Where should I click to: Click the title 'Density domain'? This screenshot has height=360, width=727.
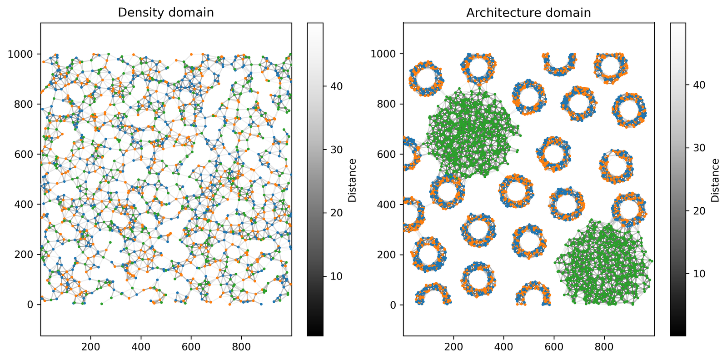pos(166,13)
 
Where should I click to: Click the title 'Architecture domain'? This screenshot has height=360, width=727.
pos(528,13)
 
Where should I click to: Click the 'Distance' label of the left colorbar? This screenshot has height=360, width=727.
pos(352,180)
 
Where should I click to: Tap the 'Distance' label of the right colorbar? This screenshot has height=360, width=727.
pos(715,180)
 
